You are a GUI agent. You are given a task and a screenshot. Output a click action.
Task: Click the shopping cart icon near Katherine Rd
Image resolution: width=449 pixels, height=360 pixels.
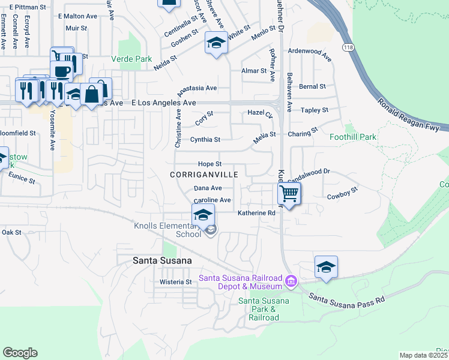pos(289,194)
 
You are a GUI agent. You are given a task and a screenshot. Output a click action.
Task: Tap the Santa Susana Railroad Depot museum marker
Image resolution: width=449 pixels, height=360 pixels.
pos(291,281)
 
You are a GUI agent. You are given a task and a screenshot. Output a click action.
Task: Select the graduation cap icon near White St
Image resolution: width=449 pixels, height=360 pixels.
pos(216,43)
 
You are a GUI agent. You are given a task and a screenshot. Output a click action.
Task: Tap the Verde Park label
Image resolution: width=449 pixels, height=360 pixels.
pos(131,59)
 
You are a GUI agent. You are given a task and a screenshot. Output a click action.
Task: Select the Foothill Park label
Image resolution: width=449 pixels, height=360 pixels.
pos(353,137)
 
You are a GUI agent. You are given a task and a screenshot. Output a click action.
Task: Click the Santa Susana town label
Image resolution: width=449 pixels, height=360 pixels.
pos(162,260)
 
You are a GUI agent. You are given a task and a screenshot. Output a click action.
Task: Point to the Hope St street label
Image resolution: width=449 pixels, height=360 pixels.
pos(210,164)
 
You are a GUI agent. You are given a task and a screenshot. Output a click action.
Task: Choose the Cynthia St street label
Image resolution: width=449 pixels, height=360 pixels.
pos(205,139)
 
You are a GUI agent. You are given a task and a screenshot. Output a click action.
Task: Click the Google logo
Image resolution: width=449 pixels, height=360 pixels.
pos(20,353)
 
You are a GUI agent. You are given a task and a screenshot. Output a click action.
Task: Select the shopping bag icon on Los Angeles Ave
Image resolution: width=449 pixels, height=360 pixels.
pos(92,94)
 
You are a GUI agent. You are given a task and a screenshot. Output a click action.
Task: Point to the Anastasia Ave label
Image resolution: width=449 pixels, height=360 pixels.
pos(197,88)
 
